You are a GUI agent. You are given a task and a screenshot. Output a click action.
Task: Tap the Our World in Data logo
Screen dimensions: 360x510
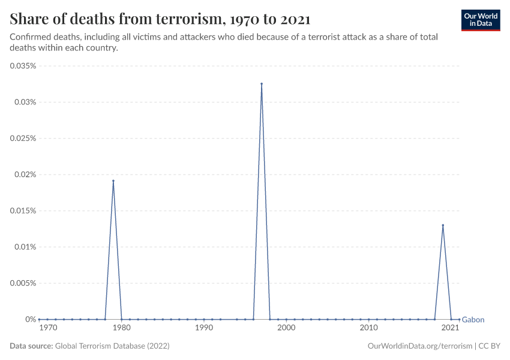tap(481, 20)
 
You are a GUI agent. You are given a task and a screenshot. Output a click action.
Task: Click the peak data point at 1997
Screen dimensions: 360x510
tap(262, 84)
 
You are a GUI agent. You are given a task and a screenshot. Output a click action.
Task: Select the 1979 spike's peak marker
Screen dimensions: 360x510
tap(113, 181)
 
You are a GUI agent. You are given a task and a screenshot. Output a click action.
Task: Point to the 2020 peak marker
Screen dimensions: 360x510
tap(443, 225)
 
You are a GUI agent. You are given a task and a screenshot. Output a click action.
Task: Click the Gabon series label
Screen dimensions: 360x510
tap(473, 320)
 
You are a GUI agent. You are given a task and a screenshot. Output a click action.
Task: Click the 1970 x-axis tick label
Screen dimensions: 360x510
tap(47, 328)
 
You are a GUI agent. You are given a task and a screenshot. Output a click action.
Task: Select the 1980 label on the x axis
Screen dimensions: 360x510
tap(122, 328)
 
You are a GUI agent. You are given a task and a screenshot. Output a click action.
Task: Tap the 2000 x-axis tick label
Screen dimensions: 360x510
tap(286, 328)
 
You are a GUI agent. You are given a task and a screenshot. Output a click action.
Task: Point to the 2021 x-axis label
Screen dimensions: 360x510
tap(451, 328)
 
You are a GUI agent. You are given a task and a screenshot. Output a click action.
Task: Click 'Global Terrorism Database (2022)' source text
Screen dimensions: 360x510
tap(112, 346)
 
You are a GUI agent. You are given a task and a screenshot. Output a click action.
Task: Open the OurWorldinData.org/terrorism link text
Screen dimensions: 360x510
tap(418, 346)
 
